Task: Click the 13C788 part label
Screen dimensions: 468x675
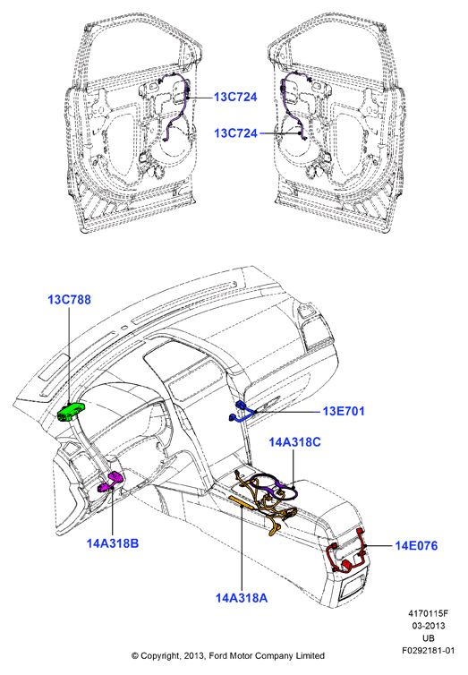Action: coord(69,299)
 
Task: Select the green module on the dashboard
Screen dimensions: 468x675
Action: coord(71,412)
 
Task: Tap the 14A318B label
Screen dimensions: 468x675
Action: coord(113,543)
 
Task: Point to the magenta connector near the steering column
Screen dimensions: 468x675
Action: coord(111,482)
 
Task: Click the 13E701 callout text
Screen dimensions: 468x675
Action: coord(344,411)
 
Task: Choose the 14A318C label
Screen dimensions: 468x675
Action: coord(294,442)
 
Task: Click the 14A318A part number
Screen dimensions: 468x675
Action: coord(242,598)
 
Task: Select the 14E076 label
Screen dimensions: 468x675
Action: coord(416,546)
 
